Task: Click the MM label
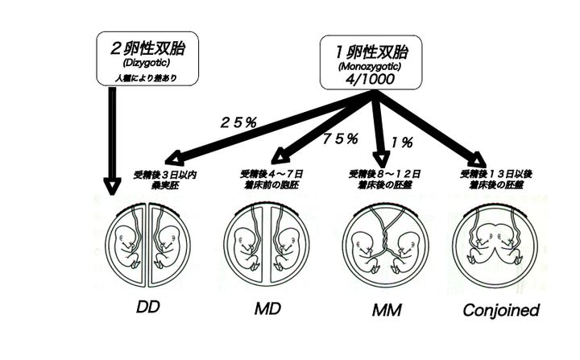387,310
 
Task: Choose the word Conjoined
500,309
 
